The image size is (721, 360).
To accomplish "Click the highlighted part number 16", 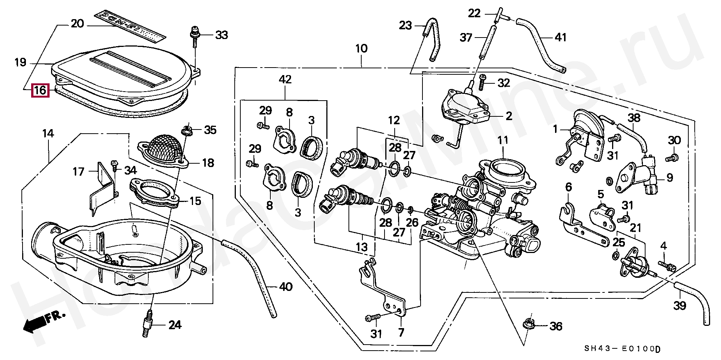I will coord(40,90).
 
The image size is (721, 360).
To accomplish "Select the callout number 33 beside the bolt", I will coord(221,35).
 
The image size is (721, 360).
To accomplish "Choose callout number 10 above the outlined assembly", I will coord(361,49).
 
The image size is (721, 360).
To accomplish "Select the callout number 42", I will coord(285,80).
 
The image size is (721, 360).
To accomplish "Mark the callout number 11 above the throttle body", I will coord(503,140).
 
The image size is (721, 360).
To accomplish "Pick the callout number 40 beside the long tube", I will coord(286,287).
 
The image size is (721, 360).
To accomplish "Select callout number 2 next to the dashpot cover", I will coord(509,116).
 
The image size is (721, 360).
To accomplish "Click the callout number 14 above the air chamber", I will coord(48,133).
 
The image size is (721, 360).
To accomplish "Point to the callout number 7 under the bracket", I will coord(401,332).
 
